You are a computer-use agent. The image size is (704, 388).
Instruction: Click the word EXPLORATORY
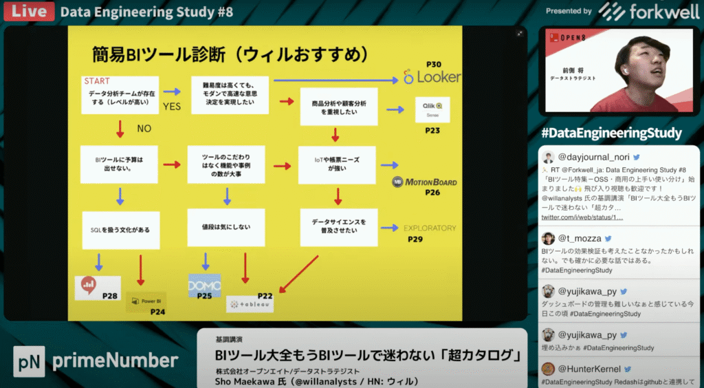(x=430, y=228)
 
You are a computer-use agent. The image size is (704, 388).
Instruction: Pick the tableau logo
(x=250, y=303)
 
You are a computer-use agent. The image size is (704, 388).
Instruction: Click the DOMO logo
(x=204, y=285)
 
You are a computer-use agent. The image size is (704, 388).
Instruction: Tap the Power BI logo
(x=146, y=301)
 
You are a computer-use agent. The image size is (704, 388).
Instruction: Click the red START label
(x=97, y=81)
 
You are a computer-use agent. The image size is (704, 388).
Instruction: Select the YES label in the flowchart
(x=171, y=107)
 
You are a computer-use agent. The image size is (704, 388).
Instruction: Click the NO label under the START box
(x=144, y=128)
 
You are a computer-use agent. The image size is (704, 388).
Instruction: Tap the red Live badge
(x=27, y=12)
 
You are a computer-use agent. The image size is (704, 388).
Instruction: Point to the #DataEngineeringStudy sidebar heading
(x=611, y=133)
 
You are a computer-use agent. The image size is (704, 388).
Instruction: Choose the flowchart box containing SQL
(x=120, y=230)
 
